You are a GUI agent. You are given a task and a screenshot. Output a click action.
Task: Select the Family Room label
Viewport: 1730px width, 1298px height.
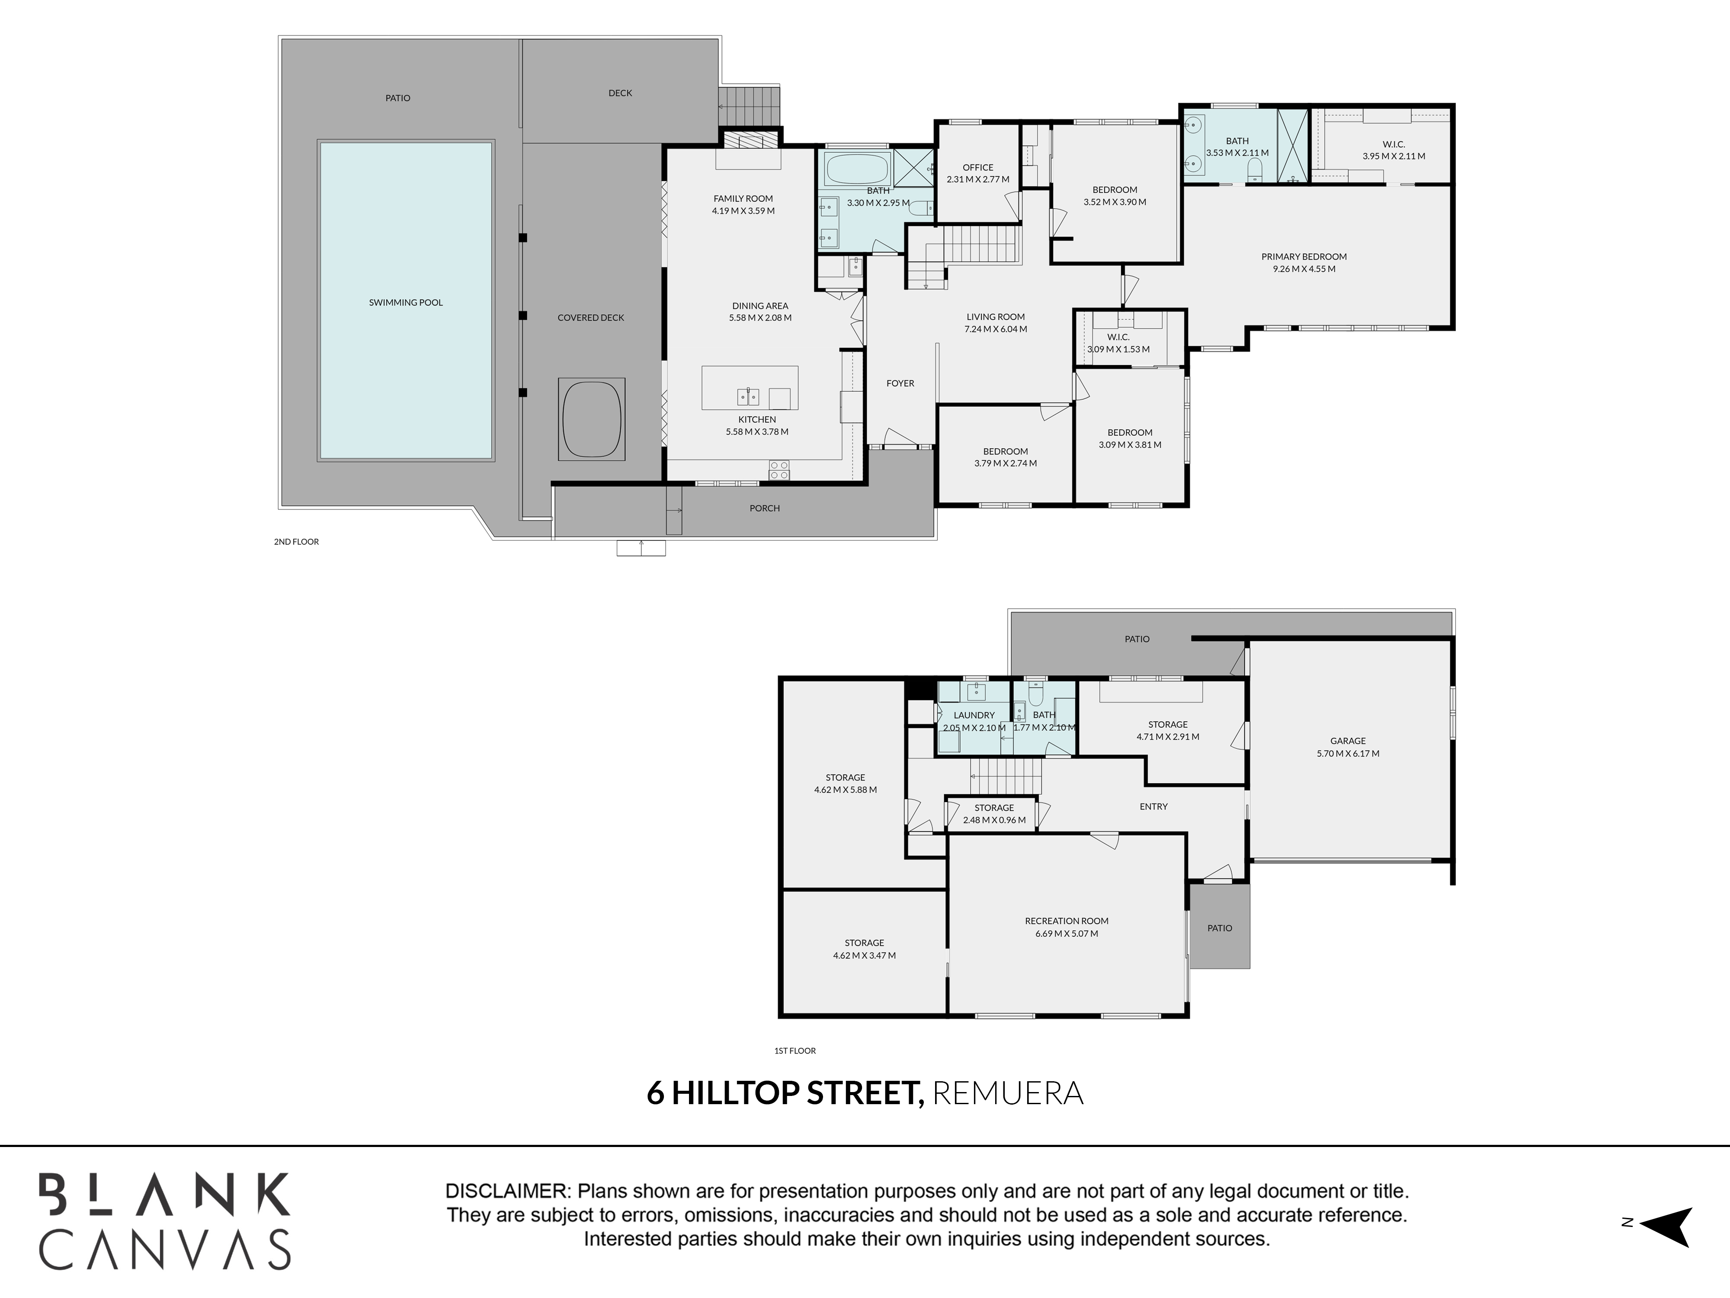pyautogui.click(x=743, y=199)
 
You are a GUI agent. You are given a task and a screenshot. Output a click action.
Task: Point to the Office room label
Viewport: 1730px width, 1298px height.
pyautogui.click(x=977, y=167)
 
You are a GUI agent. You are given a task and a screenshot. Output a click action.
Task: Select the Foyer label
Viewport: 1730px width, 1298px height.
pyautogui.click(x=900, y=383)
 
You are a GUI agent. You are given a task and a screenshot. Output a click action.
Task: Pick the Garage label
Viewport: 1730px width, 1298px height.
pyautogui.click(x=1348, y=741)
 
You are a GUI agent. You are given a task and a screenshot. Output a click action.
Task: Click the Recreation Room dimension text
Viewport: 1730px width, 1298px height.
pyautogui.click(x=1067, y=933)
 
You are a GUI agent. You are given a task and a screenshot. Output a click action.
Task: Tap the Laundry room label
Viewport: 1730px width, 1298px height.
pyautogui.click(x=974, y=715)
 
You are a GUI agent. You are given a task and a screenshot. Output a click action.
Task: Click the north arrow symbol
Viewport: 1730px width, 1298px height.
pyautogui.click(x=1667, y=1226)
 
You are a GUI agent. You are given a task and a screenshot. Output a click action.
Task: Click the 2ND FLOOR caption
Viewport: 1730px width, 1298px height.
pyautogui.click(x=296, y=541)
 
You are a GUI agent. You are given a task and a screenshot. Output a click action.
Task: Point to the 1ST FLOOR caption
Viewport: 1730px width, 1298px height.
pyautogui.click(x=795, y=1051)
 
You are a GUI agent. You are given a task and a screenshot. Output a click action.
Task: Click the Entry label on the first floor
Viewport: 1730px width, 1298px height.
pyautogui.click(x=1153, y=806)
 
